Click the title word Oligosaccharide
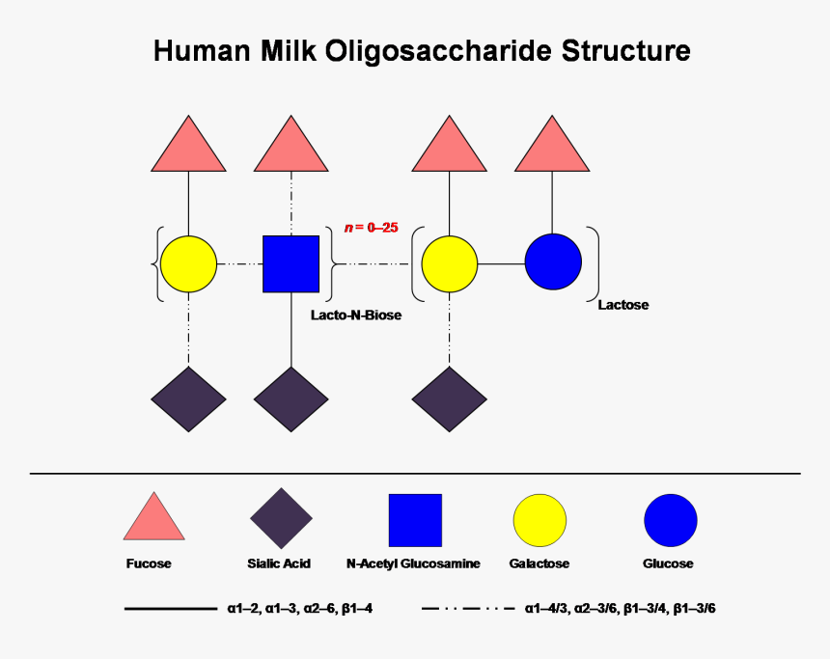pyautogui.click(x=433, y=52)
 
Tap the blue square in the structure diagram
pyautogui.click(x=291, y=263)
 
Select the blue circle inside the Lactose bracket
pyautogui.click(x=553, y=262)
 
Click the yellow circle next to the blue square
pyautogui.click(x=188, y=263)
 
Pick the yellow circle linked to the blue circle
pyautogui.click(x=449, y=262)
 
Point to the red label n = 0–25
pyautogui.click(x=372, y=228)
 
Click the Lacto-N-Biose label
pyautogui.click(x=355, y=315)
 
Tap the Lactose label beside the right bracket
pyautogui.click(x=622, y=305)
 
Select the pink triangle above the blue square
pyautogui.click(x=291, y=148)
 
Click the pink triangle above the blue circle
pyautogui.click(x=552, y=148)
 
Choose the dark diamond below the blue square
pyautogui.click(x=291, y=399)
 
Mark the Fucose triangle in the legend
pyautogui.click(x=153, y=519)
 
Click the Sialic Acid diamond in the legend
pyautogui.click(x=281, y=519)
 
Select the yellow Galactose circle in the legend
pyautogui.click(x=539, y=520)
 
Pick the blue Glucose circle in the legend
pyautogui.click(x=670, y=520)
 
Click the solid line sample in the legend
pyautogui.click(x=170, y=609)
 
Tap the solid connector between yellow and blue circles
pyautogui.click(x=502, y=263)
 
